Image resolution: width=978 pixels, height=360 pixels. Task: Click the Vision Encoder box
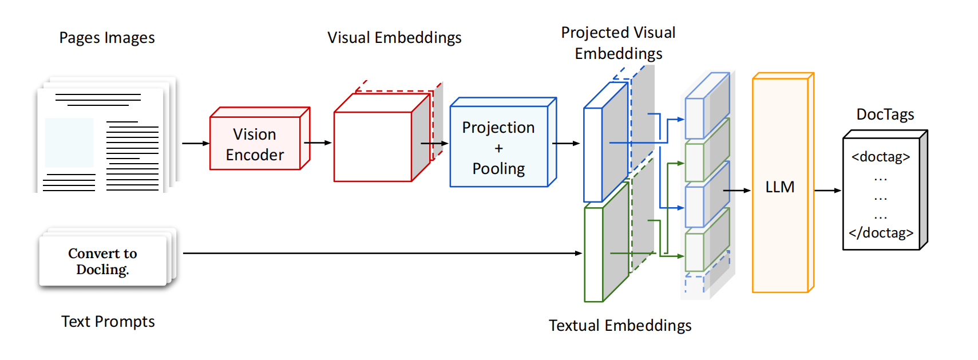point(255,144)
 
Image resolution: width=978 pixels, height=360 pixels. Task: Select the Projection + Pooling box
point(498,147)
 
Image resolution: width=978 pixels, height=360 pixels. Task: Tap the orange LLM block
point(780,187)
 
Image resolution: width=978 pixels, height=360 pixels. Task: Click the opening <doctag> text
point(880,157)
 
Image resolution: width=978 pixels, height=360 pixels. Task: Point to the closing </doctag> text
point(881,233)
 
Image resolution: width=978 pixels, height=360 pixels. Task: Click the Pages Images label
point(107,38)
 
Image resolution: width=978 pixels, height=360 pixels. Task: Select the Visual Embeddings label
point(394,38)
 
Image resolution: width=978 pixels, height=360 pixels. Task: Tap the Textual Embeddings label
point(620,326)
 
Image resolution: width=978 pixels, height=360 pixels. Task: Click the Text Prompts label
point(108,322)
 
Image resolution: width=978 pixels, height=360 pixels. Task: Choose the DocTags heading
point(885,114)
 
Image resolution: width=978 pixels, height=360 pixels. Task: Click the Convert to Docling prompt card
point(103,261)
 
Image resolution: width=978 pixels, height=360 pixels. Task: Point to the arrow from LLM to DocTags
point(827,191)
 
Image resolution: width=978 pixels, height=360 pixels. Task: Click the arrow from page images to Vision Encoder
point(195,143)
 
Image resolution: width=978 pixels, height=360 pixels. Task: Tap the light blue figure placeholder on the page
point(69,143)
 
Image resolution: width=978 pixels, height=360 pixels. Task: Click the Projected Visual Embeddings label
point(618,43)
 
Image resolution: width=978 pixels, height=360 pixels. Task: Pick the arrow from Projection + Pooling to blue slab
point(566,143)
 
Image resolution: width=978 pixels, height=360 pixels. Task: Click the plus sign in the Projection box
point(498,148)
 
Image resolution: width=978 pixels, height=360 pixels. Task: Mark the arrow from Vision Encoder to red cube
point(318,143)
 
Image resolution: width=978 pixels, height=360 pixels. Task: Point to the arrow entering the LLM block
point(737,191)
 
